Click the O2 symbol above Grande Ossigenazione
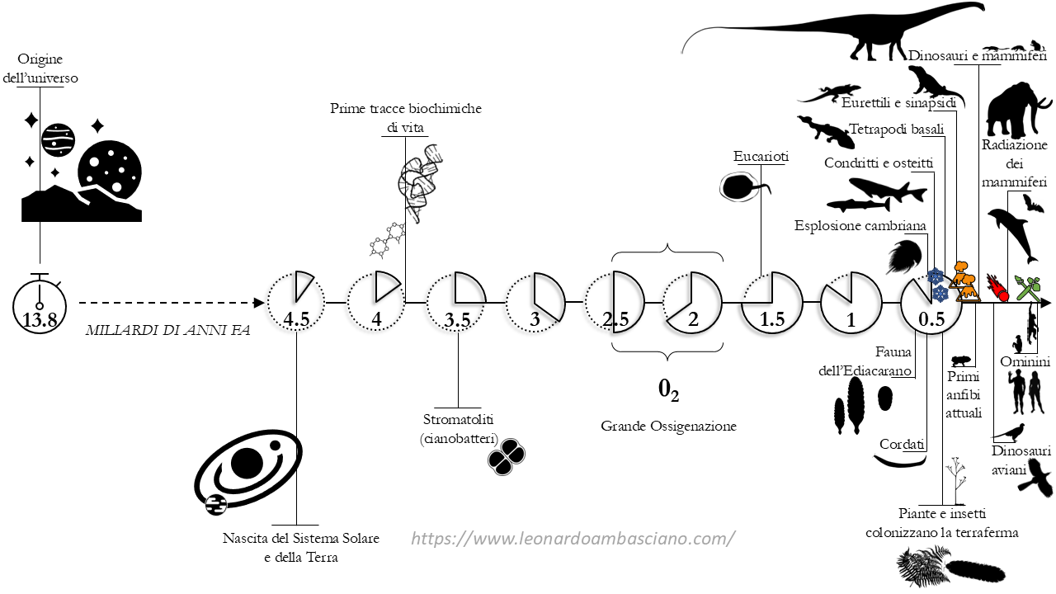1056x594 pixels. [668, 390]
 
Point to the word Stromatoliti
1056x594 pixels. [458, 421]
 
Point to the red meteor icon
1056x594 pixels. [1001, 290]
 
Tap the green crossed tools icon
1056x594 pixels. [1029, 287]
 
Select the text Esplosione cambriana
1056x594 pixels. [860, 225]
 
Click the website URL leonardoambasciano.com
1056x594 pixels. [573, 539]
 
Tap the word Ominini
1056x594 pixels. [1025, 362]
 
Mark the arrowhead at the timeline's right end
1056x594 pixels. [1046, 303]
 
